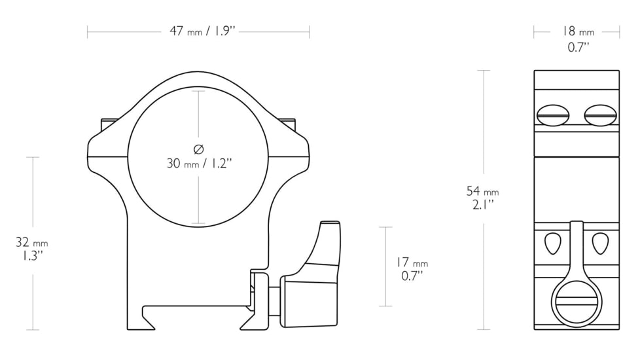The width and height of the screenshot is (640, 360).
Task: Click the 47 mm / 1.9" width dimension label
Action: coord(198,31)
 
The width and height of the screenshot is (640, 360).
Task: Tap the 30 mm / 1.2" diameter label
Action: coord(198,164)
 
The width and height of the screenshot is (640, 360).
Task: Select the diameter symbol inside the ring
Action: coord(198,148)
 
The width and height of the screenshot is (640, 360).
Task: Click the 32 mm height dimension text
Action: coord(31,243)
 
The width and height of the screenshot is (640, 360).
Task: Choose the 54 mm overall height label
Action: coord(482,191)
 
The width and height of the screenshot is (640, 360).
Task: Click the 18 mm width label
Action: coord(577,31)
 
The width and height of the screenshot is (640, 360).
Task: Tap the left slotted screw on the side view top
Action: coord(553,116)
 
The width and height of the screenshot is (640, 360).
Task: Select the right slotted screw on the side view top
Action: coord(600,116)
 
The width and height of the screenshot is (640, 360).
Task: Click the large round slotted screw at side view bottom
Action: coord(577,304)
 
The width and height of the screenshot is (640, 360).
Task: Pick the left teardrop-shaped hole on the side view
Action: coord(553,243)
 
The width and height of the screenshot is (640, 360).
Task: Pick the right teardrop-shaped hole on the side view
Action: coord(600,243)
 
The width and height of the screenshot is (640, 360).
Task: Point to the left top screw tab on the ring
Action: coord(109,124)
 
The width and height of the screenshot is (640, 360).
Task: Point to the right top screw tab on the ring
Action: coord(287,124)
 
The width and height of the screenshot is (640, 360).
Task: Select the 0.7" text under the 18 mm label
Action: coord(577,46)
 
